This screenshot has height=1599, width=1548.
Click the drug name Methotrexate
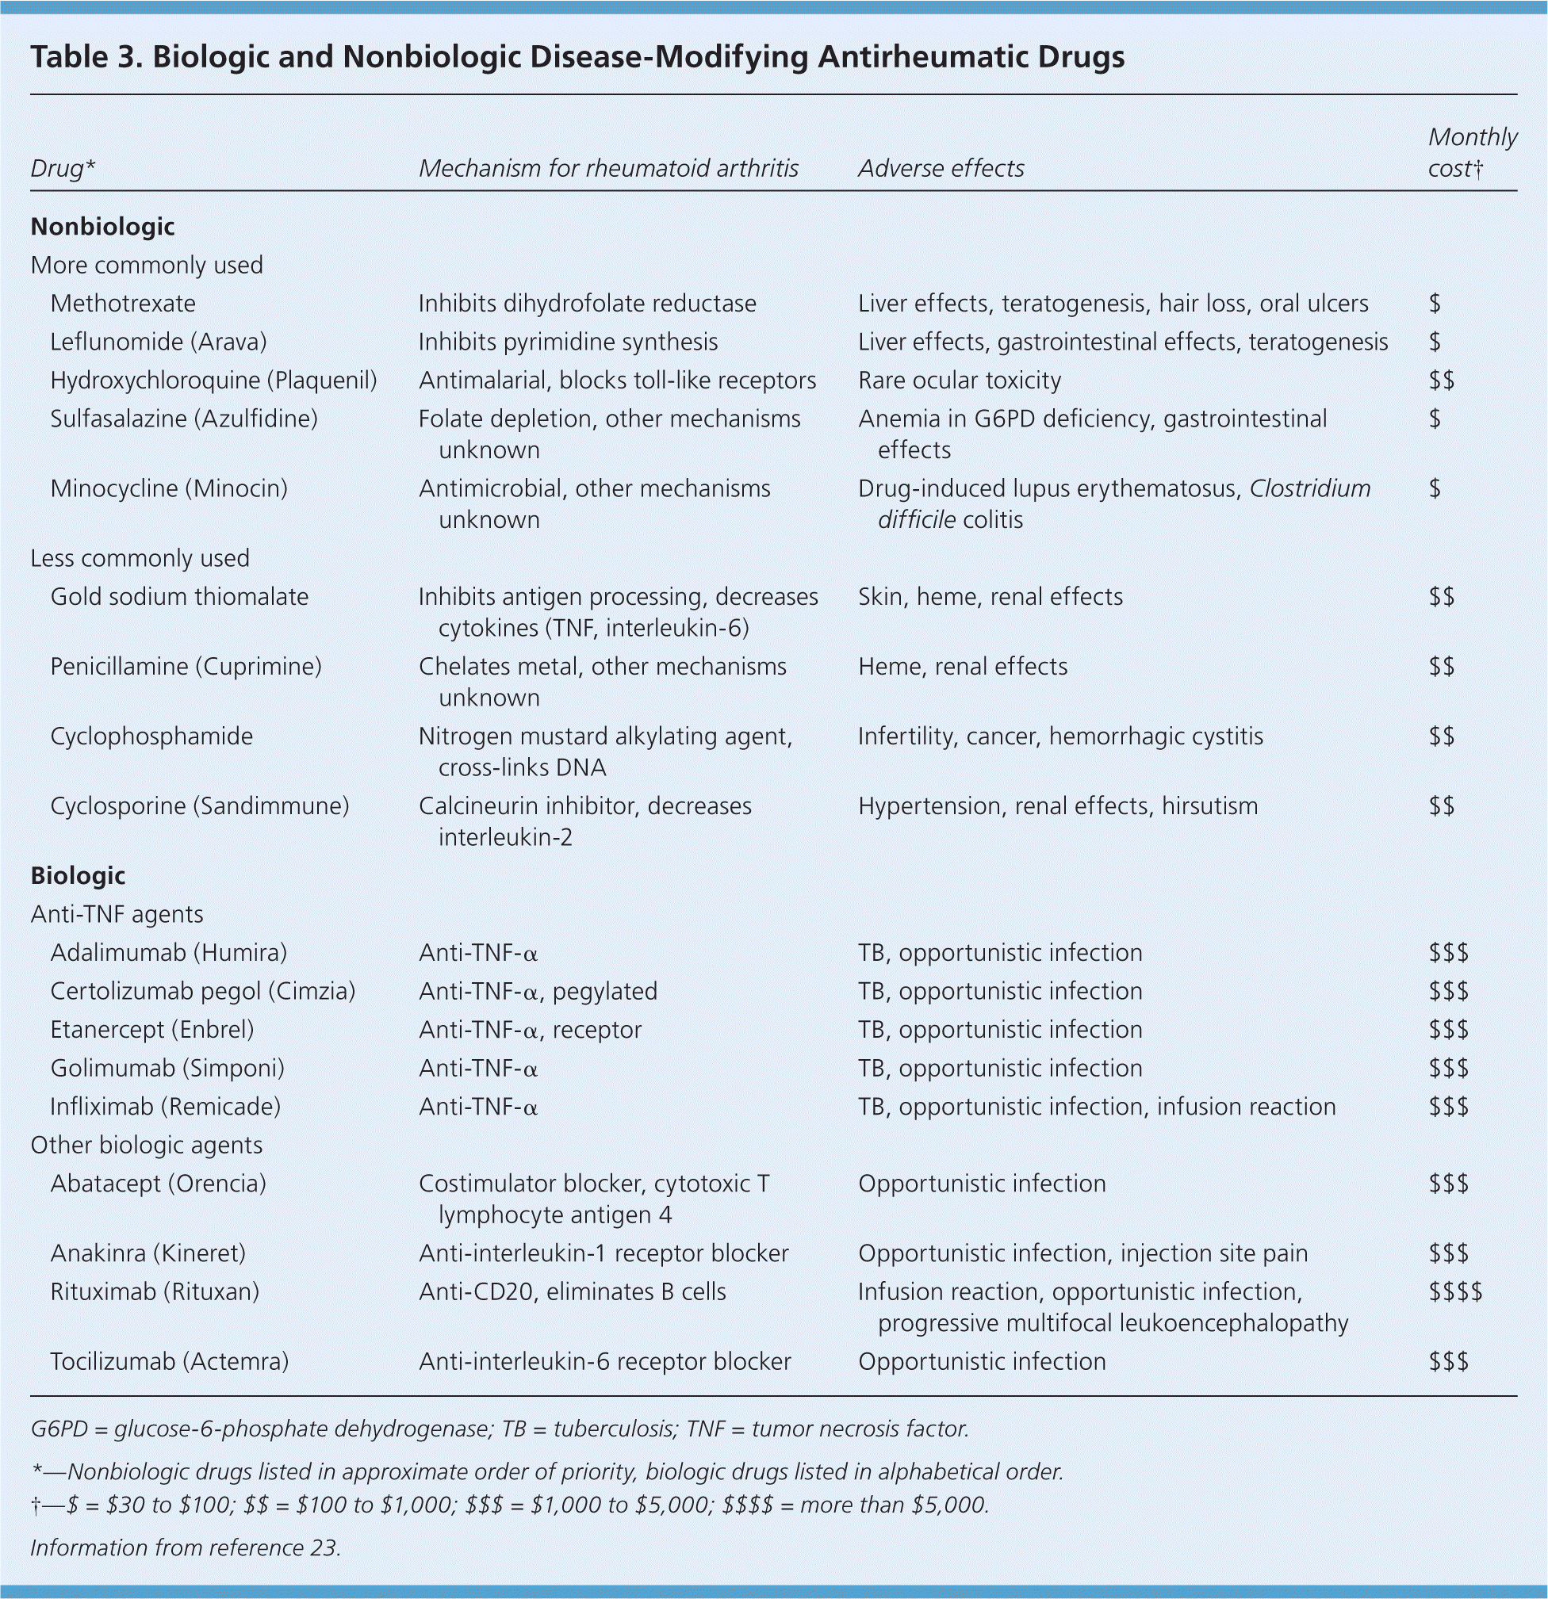tap(122, 304)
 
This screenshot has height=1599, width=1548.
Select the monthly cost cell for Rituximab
tap(1455, 1291)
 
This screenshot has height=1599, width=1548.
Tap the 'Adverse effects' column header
tap(941, 168)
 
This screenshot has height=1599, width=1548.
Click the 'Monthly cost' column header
tap(1471, 151)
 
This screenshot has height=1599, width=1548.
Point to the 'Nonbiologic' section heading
tap(103, 226)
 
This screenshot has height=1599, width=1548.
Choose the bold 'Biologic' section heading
tap(78, 875)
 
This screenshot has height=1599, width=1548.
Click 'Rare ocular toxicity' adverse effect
tap(959, 381)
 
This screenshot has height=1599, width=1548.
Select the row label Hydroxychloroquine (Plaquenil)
tap(213, 381)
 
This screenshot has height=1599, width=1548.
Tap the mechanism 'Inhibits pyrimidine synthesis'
tap(568, 342)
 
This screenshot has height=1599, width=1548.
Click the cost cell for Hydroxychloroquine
tap(1441, 381)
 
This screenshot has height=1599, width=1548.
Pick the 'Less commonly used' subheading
tap(140, 558)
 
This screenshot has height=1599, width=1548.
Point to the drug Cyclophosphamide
tap(151, 736)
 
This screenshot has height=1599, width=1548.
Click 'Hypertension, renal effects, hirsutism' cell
tap(1058, 806)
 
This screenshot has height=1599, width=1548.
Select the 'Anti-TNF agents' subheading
tap(117, 914)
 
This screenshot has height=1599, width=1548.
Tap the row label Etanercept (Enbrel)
tap(151, 1030)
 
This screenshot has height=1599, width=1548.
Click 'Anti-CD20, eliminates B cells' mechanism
tap(572, 1291)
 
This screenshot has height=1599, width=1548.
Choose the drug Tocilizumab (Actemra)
tap(169, 1362)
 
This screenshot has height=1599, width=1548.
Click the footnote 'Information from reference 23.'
tap(186, 1547)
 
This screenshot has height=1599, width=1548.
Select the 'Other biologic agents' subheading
tap(146, 1145)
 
